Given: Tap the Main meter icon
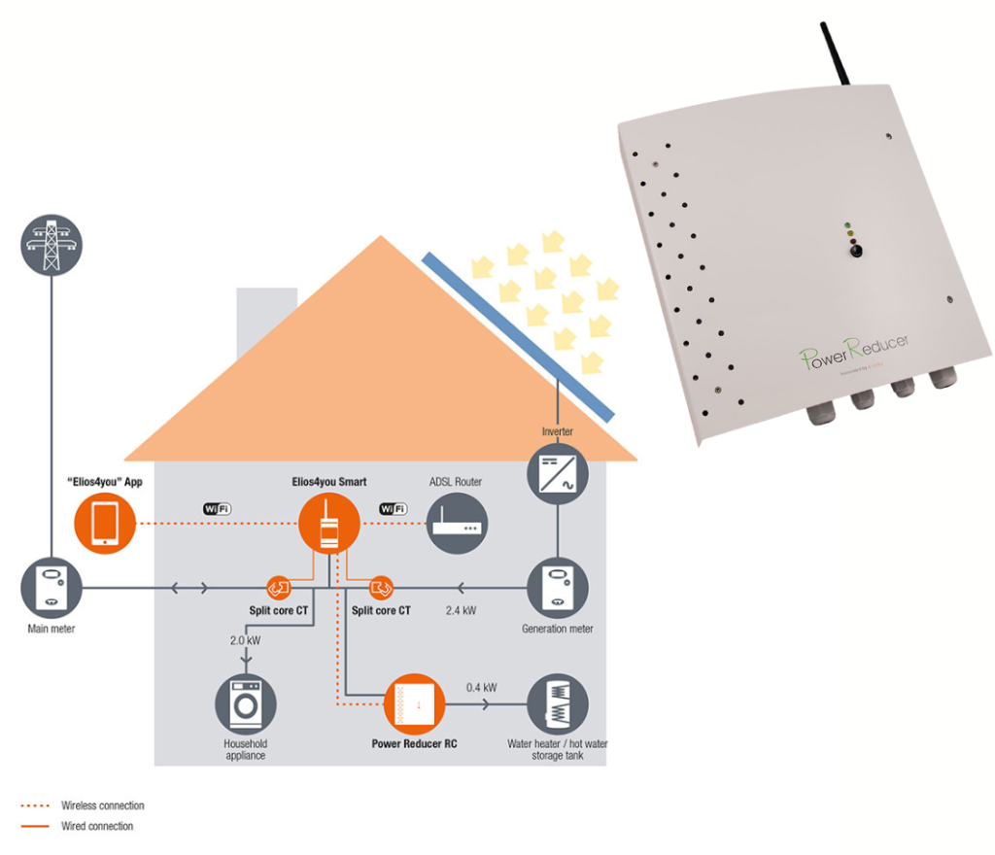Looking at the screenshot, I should point(51,586).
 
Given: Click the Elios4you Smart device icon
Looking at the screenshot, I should point(328,524).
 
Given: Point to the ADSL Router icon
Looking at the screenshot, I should point(457,524).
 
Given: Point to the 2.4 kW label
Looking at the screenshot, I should point(461,611).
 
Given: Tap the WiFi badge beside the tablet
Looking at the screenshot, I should point(217,508).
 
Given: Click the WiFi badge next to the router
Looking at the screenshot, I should point(393,508).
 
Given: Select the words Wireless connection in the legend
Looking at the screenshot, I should point(102,805).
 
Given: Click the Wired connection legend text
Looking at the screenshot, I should point(96,826).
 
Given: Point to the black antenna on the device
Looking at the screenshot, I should point(835,58).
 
